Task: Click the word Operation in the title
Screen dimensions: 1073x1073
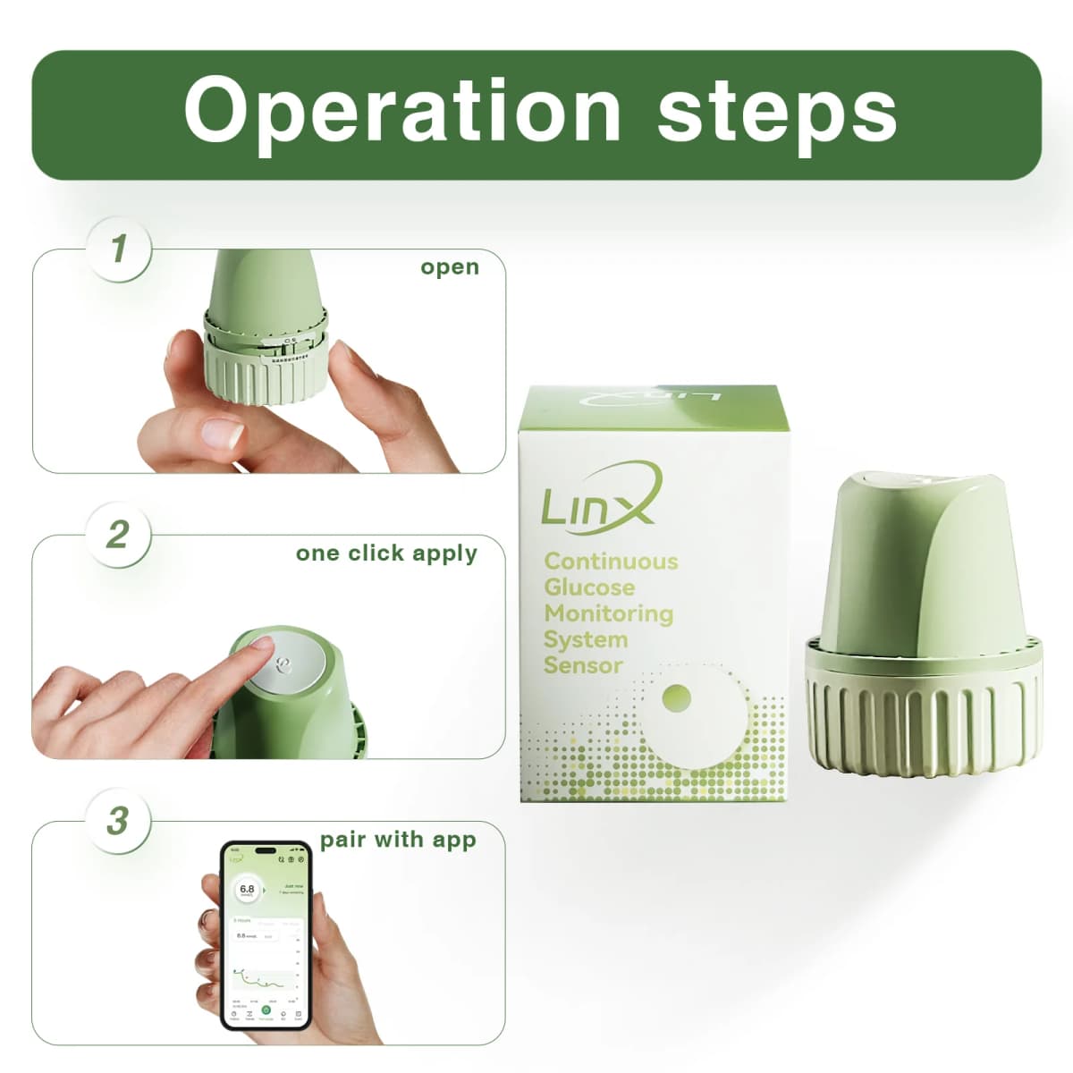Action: (x=402, y=111)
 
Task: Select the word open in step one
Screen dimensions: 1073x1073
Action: (x=450, y=267)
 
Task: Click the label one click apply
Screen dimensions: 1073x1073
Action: (x=386, y=553)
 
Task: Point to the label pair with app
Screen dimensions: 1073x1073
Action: (x=398, y=841)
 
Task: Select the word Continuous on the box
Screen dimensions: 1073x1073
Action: (x=611, y=562)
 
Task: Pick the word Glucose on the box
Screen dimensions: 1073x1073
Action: (x=589, y=587)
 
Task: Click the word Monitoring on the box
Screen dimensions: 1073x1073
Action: (x=608, y=613)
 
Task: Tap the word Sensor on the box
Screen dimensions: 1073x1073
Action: (x=582, y=665)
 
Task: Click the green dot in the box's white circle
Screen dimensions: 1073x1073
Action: (x=677, y=696)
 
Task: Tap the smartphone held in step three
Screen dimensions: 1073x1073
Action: (x=266, y=934)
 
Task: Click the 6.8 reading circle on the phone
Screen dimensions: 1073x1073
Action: (x=248, y=890)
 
